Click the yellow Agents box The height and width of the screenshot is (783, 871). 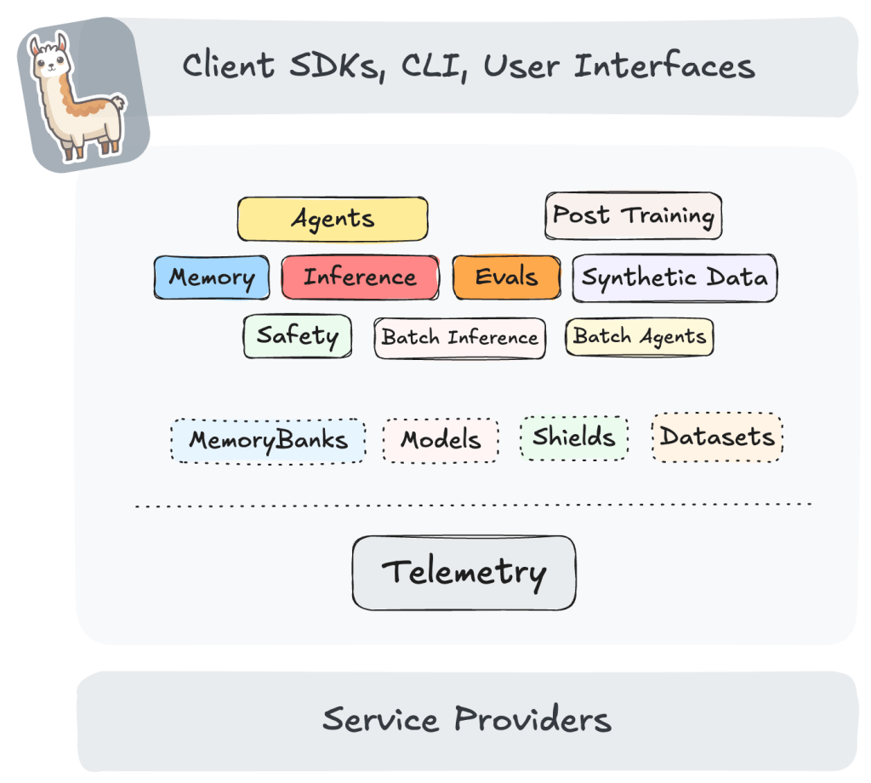(333, 219)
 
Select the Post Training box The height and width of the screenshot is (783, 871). (633, 215)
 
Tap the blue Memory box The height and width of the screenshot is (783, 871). (212, 277)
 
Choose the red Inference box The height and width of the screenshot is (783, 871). (360, 277)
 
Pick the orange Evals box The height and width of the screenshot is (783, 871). (507, 277)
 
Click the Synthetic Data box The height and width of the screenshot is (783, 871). (675, 277)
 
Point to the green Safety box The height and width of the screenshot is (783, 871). (297, 335)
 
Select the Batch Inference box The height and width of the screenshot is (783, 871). (459, 337)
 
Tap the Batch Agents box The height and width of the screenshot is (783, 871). (640, 336)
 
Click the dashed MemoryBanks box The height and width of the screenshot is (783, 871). (268, 440)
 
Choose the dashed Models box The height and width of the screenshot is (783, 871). (441, 440)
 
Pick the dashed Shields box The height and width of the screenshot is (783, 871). (574, 437)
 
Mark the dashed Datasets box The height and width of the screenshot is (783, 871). (717, 437)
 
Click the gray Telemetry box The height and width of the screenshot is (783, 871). (464, 572)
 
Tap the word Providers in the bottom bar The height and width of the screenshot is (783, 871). (532, 720)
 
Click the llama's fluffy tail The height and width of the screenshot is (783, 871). (117, 105)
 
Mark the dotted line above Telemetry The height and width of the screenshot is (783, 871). (472, 505)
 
